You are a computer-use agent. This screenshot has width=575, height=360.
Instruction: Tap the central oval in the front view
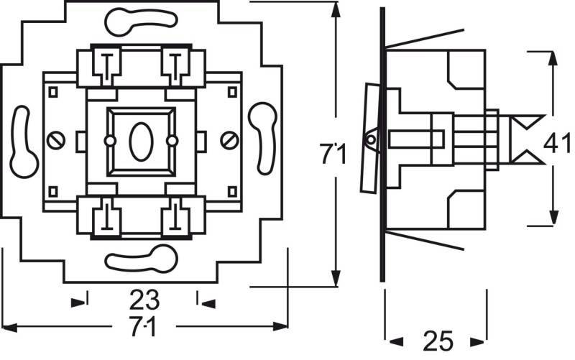tap(140, 139)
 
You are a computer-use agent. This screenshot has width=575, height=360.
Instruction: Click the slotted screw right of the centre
tap(229, 139)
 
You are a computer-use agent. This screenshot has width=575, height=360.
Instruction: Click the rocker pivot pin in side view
tap(372, 139)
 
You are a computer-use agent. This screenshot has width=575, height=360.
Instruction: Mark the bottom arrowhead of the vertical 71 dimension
tap(335, 280)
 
